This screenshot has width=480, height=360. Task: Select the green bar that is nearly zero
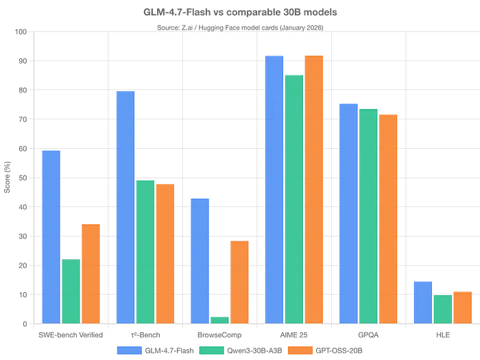(x=219, y=320)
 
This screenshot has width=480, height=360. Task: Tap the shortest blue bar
(x=422, y=302)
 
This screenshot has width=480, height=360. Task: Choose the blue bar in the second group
(x=125, y=206)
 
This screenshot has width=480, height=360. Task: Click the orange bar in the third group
(x=240, y=281)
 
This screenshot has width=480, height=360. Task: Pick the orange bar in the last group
(x=462, y=306)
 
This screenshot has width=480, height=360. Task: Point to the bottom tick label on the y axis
(x=24, y=323)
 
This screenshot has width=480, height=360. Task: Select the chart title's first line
(x=240, y=11)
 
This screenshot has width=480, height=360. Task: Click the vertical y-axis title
(x=6, y=178)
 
